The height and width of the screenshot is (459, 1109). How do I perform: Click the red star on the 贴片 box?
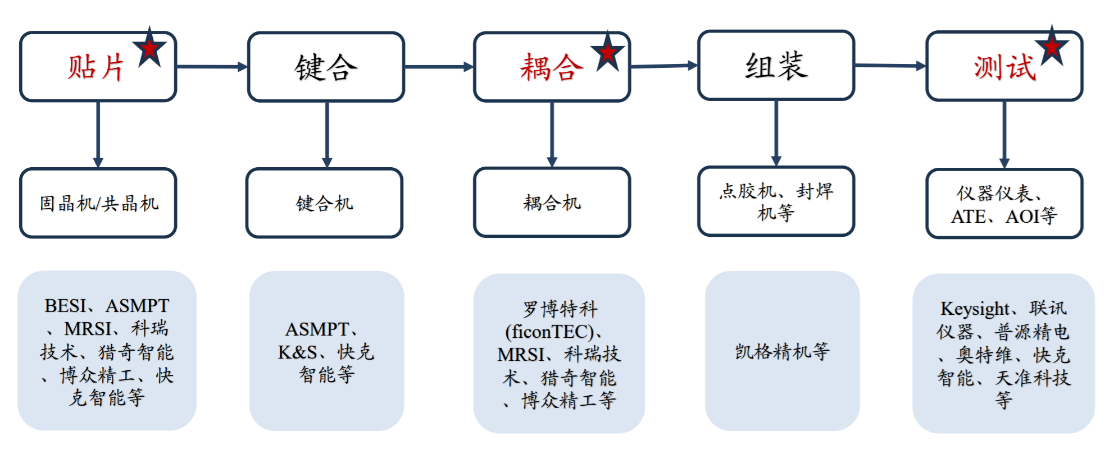149,49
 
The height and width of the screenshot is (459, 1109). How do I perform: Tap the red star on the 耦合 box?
608,53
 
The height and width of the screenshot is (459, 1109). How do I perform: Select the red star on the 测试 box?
1052,47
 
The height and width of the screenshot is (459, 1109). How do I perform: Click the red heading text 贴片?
96,68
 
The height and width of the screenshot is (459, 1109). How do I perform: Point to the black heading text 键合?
326,68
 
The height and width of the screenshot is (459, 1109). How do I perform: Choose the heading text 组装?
776,66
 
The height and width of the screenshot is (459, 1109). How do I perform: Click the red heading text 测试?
1005,68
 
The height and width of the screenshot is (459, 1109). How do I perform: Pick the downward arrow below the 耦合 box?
552,135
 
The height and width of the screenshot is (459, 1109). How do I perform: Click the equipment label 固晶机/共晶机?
99,203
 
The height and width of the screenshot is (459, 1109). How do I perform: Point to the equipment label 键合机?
324,203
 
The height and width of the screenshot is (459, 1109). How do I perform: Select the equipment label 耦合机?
552,203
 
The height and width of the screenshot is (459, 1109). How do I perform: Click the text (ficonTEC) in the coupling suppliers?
550,332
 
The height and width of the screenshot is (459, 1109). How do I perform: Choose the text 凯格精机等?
782,352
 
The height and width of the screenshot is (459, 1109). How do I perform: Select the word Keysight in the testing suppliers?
975,309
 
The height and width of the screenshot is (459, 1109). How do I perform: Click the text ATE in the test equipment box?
968,217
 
